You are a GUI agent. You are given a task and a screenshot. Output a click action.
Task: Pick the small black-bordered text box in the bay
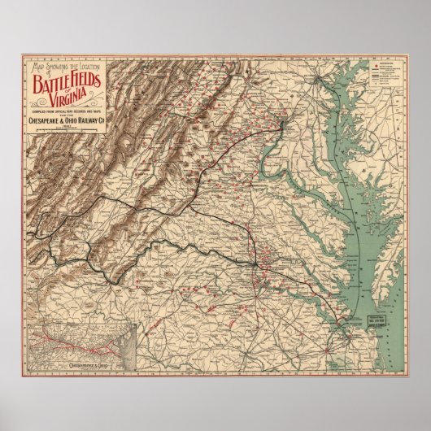point(365,299)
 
